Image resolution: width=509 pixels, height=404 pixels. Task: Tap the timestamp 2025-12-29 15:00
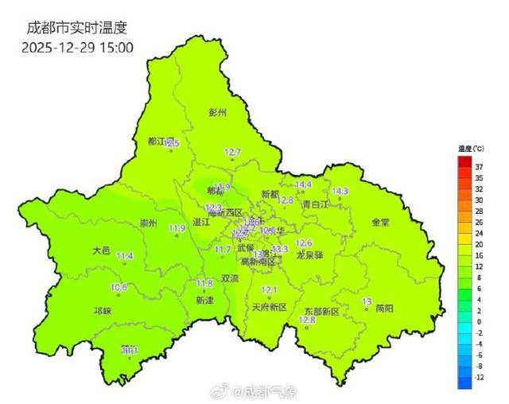tap(77, 47)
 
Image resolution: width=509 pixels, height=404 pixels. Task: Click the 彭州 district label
tap(217, 113)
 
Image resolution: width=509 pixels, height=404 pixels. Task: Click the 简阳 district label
tap(385, 308)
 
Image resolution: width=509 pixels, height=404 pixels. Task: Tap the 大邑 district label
tap(101, 250)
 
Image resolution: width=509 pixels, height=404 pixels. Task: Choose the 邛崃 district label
tap(103, 311)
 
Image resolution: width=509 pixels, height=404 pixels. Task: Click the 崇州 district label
tap(148, 223)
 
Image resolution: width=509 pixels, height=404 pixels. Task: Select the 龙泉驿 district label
tap(309, 256)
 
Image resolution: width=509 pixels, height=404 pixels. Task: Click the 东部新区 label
tap(322, 312)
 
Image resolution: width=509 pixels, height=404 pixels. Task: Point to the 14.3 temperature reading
tap(340, 191)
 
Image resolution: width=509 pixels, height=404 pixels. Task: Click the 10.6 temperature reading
tap(119, 287)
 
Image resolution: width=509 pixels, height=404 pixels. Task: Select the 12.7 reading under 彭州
tap(232, 151)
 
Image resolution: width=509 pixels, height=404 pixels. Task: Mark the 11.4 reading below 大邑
tap(125, 255)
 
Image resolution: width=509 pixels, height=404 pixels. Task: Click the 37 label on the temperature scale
tap(479, 167)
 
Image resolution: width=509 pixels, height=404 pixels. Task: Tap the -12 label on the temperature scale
tap(479, 378)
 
